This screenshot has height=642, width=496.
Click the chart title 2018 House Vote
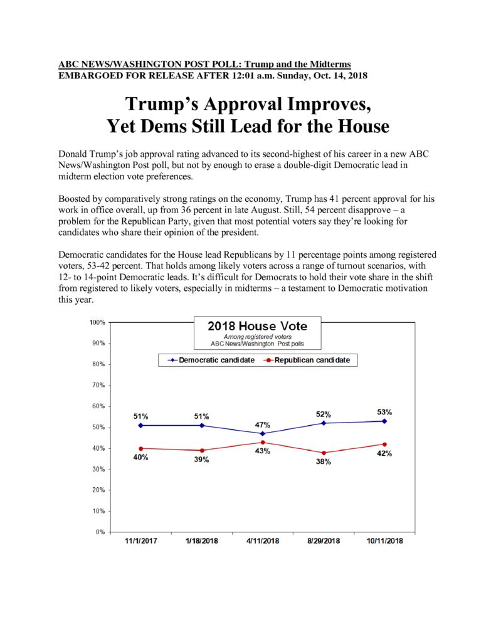tap(257, 326)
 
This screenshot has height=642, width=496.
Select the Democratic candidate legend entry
tap(211, 360)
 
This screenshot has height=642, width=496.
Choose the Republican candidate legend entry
tap(307, 360)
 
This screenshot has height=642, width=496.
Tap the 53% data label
tap(384, 412)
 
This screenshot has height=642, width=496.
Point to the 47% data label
tap(263, 425)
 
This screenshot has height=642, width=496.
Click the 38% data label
tap(323, 462)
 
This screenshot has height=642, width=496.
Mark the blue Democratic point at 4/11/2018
tap(263, 434)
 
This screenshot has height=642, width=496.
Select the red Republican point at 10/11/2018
tap(384, 445)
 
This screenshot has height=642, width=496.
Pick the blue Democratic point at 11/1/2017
tap(141, 426)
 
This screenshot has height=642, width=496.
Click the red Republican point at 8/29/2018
tap(324, 453)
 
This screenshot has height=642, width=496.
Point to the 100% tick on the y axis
tap(109, 322)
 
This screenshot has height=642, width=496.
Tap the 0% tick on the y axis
tap(109, 532)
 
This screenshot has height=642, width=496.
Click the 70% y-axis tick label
tap(98, 386)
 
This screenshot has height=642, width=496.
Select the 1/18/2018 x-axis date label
tap(201, 541)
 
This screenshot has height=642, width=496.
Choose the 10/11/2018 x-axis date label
tap(384, 541)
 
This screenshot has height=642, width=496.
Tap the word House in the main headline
tap(363, 125)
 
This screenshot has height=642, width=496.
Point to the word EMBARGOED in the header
tap(85, 76)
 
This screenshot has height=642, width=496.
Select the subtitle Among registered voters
tap(257, 337)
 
